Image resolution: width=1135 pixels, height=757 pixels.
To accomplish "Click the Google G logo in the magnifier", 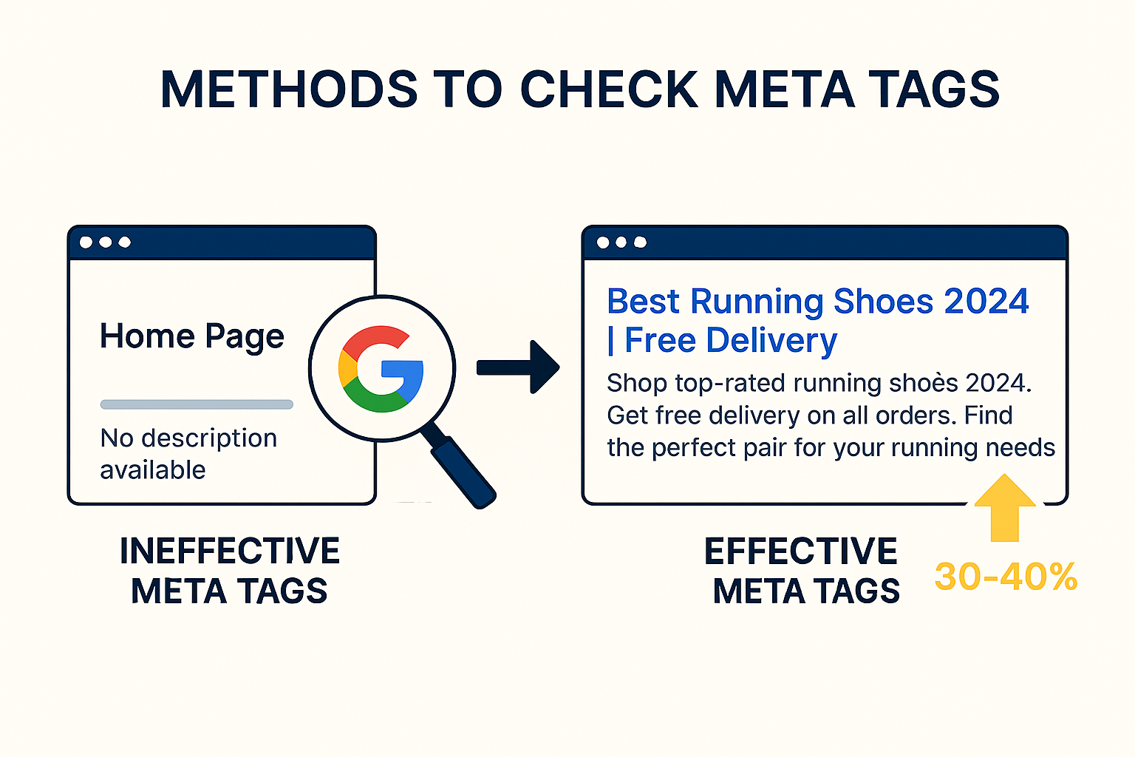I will click(381, 369).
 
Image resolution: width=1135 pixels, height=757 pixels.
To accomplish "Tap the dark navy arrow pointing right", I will click(519, 367).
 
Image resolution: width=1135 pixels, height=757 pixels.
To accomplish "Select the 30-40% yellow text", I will click(1006, 577).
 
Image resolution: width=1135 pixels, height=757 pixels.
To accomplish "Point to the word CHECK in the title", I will click(610, 90).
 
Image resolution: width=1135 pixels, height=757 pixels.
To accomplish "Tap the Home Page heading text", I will click(192, 336).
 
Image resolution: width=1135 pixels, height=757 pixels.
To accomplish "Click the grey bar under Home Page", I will click(197, 404).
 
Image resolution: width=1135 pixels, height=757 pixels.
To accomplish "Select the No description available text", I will click(188, 454).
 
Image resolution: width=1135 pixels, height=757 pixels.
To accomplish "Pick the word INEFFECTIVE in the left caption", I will click(230, 551).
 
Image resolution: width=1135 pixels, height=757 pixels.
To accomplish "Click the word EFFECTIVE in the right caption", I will click(801, 551).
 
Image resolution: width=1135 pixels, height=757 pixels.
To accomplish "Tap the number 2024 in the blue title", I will click(986, 302).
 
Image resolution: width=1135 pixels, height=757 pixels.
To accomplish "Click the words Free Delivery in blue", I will click(731, 341).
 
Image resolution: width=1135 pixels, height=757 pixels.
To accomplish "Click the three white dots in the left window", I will click(105, 242).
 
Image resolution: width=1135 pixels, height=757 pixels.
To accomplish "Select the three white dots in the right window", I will click(621, 242).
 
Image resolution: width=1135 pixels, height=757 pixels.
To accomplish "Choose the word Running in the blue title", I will click(757, 302).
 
